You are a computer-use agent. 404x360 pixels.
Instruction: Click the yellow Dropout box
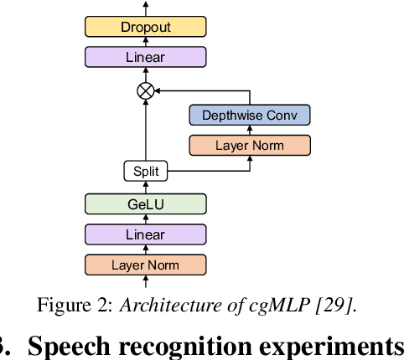pyautogui.click(x=145, y=27)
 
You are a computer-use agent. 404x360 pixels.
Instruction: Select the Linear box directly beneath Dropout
pyautogui.click(x=145, y=58)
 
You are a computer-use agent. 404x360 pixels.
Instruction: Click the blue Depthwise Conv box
pyautogui.click(x=250, y=115)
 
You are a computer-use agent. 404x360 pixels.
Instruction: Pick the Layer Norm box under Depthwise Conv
pyautogui.click(x=250, y=145)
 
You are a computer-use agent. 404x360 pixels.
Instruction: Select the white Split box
pyautogui.click(x=145, y=172)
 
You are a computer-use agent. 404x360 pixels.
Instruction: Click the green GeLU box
pyautogui.click(x=145, y=204)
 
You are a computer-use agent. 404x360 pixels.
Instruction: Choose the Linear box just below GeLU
pyautogui.click(x=145, y=234)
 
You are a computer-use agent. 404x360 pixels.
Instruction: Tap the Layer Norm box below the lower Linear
pyautogui.click(x=145, y=265)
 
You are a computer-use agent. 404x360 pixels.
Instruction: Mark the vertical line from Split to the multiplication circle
pyautogui.click(x=146, y=131)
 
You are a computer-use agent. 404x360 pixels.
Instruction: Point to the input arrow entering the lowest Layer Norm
pyautogui.click(x=146, y=284)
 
